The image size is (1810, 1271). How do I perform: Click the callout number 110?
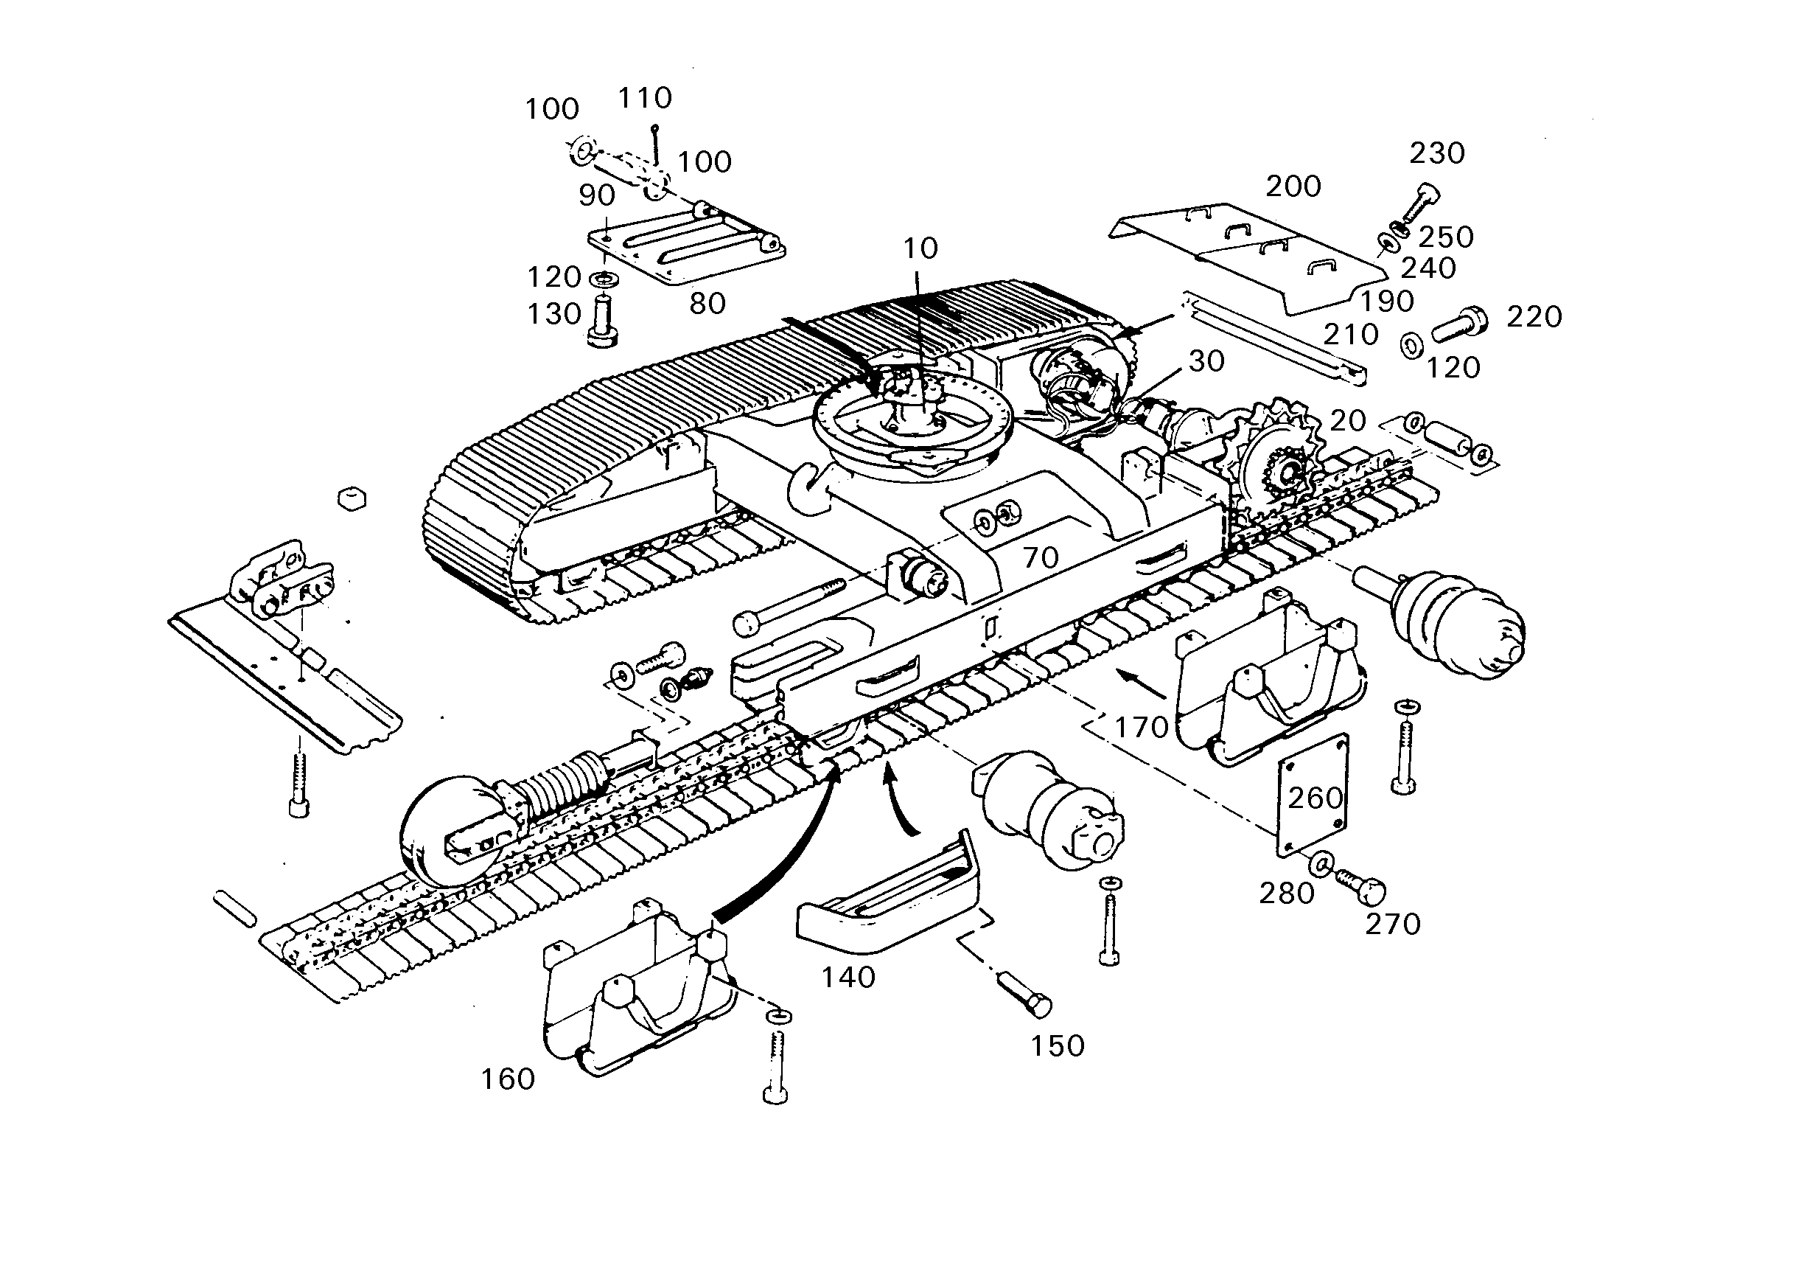pyautogui.click(x=645, y=98)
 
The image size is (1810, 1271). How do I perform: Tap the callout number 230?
pyautogui.click(x=1437, y=153)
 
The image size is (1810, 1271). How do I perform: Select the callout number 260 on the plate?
pyautogui.click(x=1315, y=798)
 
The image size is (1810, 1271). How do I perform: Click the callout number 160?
pyautogui.click(x=509, y=1079)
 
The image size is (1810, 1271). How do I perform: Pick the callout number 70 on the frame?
pyautogui.click(x=1040, y=558)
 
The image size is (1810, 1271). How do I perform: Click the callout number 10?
pyautogui.click(x=920, y=248)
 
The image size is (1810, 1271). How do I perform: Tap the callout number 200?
pyautogui.click(x=1293, y=186)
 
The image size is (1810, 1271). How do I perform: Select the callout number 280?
pyautogui.click(x=1287, y=894)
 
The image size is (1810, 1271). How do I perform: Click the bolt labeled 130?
pyautogui.click(x=602, y=319)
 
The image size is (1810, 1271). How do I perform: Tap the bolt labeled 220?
pyautogui.click(x=1460, y=323)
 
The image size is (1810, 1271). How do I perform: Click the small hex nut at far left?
pyautogui.click(x=352, y=499)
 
